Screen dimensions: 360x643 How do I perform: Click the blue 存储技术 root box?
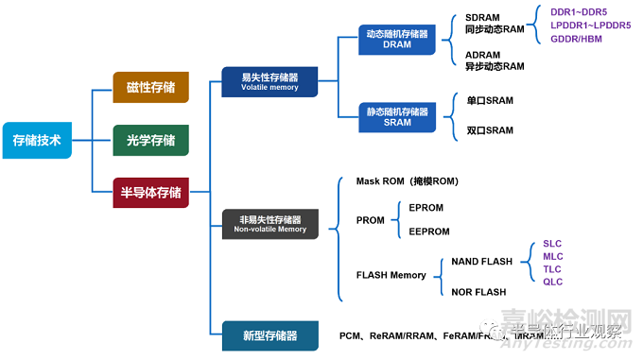tap(36, 140)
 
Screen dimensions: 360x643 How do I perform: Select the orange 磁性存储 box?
tap(150, 87)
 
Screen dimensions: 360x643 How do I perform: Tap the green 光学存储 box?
tap(150, 140)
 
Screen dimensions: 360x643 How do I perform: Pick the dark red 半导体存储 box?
tap(150, 193)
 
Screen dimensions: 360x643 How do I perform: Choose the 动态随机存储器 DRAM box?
tap(397, 39)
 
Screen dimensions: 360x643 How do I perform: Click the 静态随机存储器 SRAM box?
tap(397, 117)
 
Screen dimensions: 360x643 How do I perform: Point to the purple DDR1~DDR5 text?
tap(579, 12)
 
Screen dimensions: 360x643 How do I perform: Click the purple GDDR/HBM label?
tap(576, 39)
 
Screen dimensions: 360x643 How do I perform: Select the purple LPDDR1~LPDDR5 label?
tap(590, 26)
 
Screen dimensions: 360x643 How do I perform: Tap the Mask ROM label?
tap(406, 180)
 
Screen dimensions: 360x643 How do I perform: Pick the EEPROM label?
tap(429, 231)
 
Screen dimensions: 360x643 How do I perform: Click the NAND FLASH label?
tap(481, 262)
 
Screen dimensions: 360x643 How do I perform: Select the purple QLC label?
tap(552, 281)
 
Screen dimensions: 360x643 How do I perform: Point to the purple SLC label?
tap(552, 244)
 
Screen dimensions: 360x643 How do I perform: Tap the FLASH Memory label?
tap(391, 276)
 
